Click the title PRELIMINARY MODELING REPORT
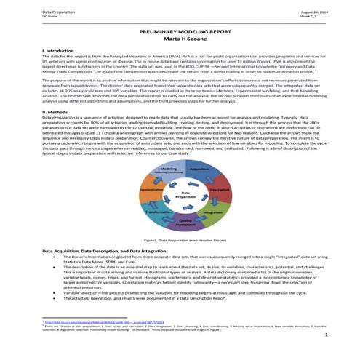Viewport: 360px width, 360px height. click(180, 33)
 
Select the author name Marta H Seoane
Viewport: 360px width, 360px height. click(180, 41)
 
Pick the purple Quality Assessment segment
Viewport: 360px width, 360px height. click(185, 222)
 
